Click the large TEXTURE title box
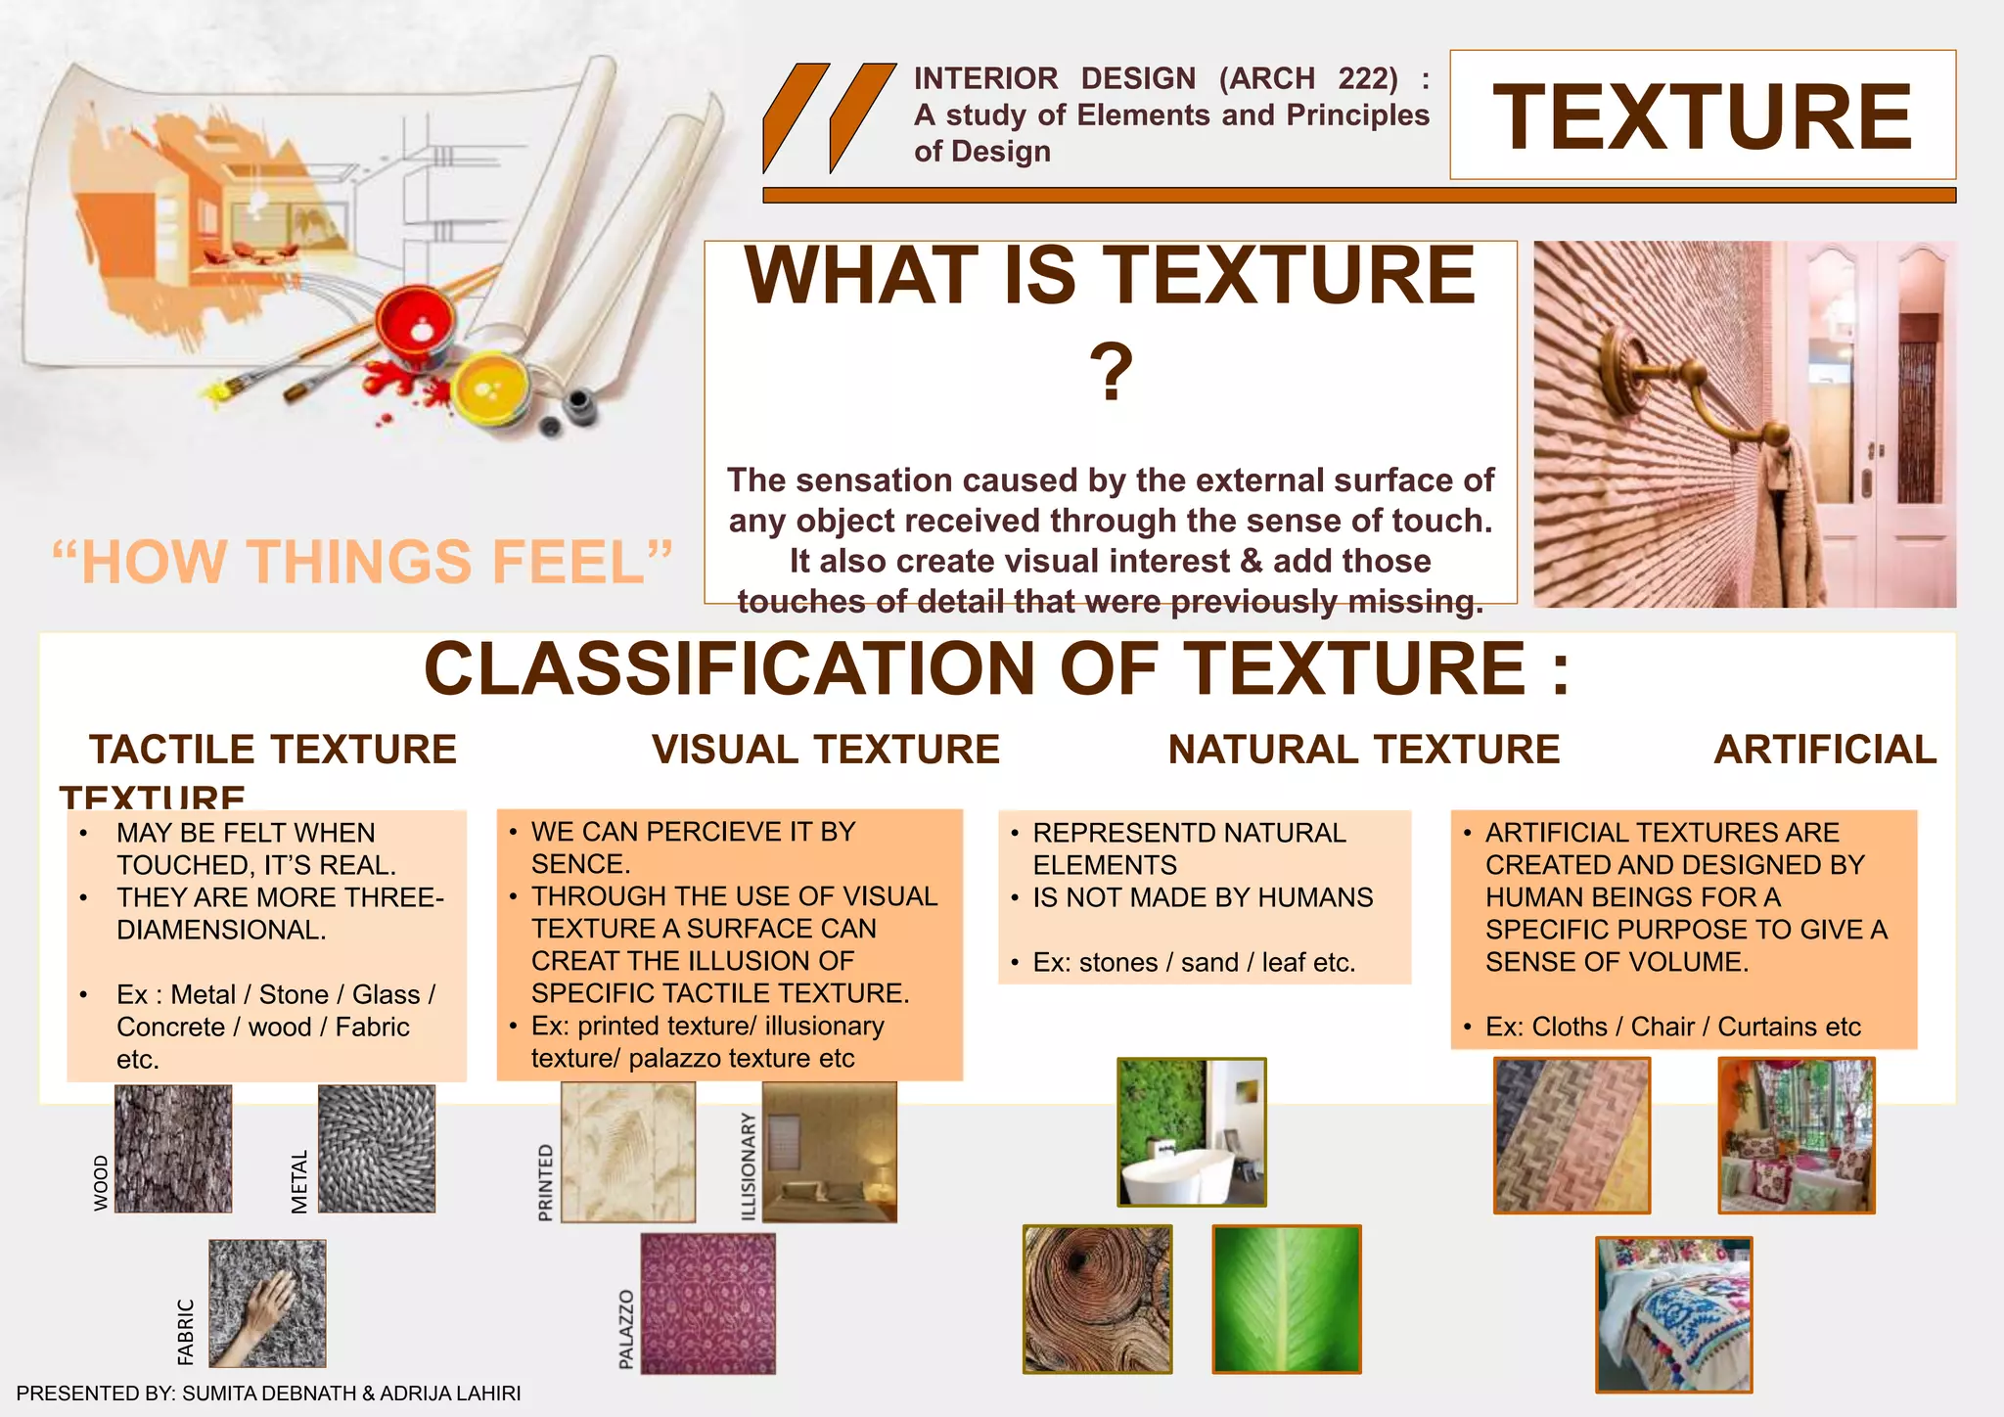click(1702, 115)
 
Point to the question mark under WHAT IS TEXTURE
click(1111, 373)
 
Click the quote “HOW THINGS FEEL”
click(362, 562)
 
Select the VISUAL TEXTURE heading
click(826, 750)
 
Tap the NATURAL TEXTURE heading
click(1364, 750)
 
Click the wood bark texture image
click(173, 1149)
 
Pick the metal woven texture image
click(377, 1149)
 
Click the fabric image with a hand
click(267, 1303)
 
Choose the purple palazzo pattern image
click(708, 1303)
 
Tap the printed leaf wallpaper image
click(628, 1152)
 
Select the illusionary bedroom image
click(830, 1152)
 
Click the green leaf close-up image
click(1287, 1299)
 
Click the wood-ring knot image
click(1097, 1299)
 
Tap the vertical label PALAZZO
click(626, 1329)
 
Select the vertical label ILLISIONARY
click(749, 1166)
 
